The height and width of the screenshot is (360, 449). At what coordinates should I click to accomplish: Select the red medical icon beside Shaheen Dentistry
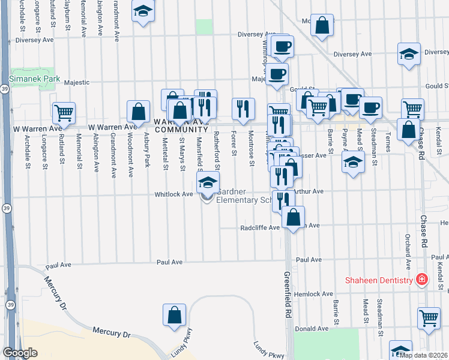(x=422, y=280)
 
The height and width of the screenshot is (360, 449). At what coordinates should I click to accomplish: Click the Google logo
(x=20, y=353)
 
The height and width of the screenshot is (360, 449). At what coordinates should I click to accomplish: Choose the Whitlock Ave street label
(x=173, y=194)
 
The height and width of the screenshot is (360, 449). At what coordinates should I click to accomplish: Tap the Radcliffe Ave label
(x=260, y=228)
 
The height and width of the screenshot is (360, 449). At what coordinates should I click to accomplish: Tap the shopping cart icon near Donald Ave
(x=429, y=317)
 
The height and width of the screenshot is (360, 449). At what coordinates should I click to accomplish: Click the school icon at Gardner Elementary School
(x=208, y=182)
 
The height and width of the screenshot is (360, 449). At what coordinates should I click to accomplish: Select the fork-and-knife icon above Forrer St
(x=243, y=108)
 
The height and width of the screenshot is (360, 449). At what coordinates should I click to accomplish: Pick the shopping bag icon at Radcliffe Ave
(x=294, y=217)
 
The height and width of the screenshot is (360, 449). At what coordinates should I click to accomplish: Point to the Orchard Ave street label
(x=408, y=252)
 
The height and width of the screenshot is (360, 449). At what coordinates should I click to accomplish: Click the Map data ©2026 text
(x=423, y=355)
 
